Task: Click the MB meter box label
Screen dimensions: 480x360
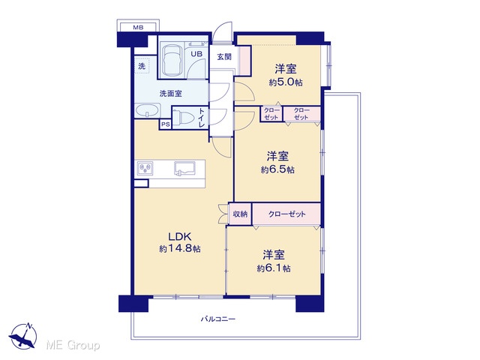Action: coord(138,27)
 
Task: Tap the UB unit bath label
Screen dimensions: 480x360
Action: coord(196,54)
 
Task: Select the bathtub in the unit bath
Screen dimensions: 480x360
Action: coord(172,61)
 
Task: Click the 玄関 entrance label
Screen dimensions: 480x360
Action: coord(224,57)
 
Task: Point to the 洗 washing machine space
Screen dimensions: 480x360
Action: coord(142,65)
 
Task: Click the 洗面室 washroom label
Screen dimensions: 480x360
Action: coord(170,94)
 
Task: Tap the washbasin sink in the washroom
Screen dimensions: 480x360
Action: coord(148,110)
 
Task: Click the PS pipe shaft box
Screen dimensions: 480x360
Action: coord(165,124)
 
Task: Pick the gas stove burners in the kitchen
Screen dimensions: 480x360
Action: coord(144,168)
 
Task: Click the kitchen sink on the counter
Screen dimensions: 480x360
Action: coord(184,169)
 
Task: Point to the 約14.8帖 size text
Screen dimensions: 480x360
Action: coord(180,249)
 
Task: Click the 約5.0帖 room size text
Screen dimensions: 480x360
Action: coord(286,82)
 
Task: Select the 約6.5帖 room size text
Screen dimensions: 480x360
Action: coord(277,169)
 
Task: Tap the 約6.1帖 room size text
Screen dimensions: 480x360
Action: coord(274,268)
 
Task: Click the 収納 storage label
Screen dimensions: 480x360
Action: coord(240,214)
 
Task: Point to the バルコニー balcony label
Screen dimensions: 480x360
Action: coord(218,319)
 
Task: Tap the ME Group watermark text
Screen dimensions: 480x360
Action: coord(73,346)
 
